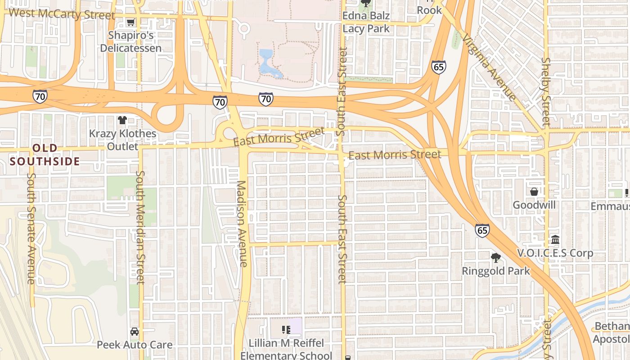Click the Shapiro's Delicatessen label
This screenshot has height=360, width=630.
(x=130, y=41)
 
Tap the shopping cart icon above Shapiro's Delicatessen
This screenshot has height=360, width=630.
(x=130, y=22)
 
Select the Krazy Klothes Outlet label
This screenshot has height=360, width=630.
(x=122, y=140)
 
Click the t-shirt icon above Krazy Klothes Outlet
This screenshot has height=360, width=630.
(x=122, y=120)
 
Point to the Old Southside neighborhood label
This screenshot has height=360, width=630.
(x=45, y=154)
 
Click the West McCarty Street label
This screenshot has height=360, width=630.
(x=62, y=13)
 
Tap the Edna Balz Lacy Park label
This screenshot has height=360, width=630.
(x=366, y=22)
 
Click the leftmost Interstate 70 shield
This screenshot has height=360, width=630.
(x=40, y=96)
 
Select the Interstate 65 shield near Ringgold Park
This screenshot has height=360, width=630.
(x=482, y=230)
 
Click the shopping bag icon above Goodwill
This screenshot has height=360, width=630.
(x=534, y=192)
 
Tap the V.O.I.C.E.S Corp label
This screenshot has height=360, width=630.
(x=555, y=253)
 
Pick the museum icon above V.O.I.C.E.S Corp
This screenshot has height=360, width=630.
(x=555, y=239)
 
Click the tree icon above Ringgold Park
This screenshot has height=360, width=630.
(x=496, y=258)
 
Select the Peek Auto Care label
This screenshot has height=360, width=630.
(x=135, y=345)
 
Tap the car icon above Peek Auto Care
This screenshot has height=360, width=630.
(x=135, y=332)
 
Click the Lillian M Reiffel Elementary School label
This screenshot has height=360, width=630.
(x=286, y=349)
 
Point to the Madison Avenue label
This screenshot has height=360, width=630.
(x=242, y=224)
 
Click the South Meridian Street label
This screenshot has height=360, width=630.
(x=140, y=227)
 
